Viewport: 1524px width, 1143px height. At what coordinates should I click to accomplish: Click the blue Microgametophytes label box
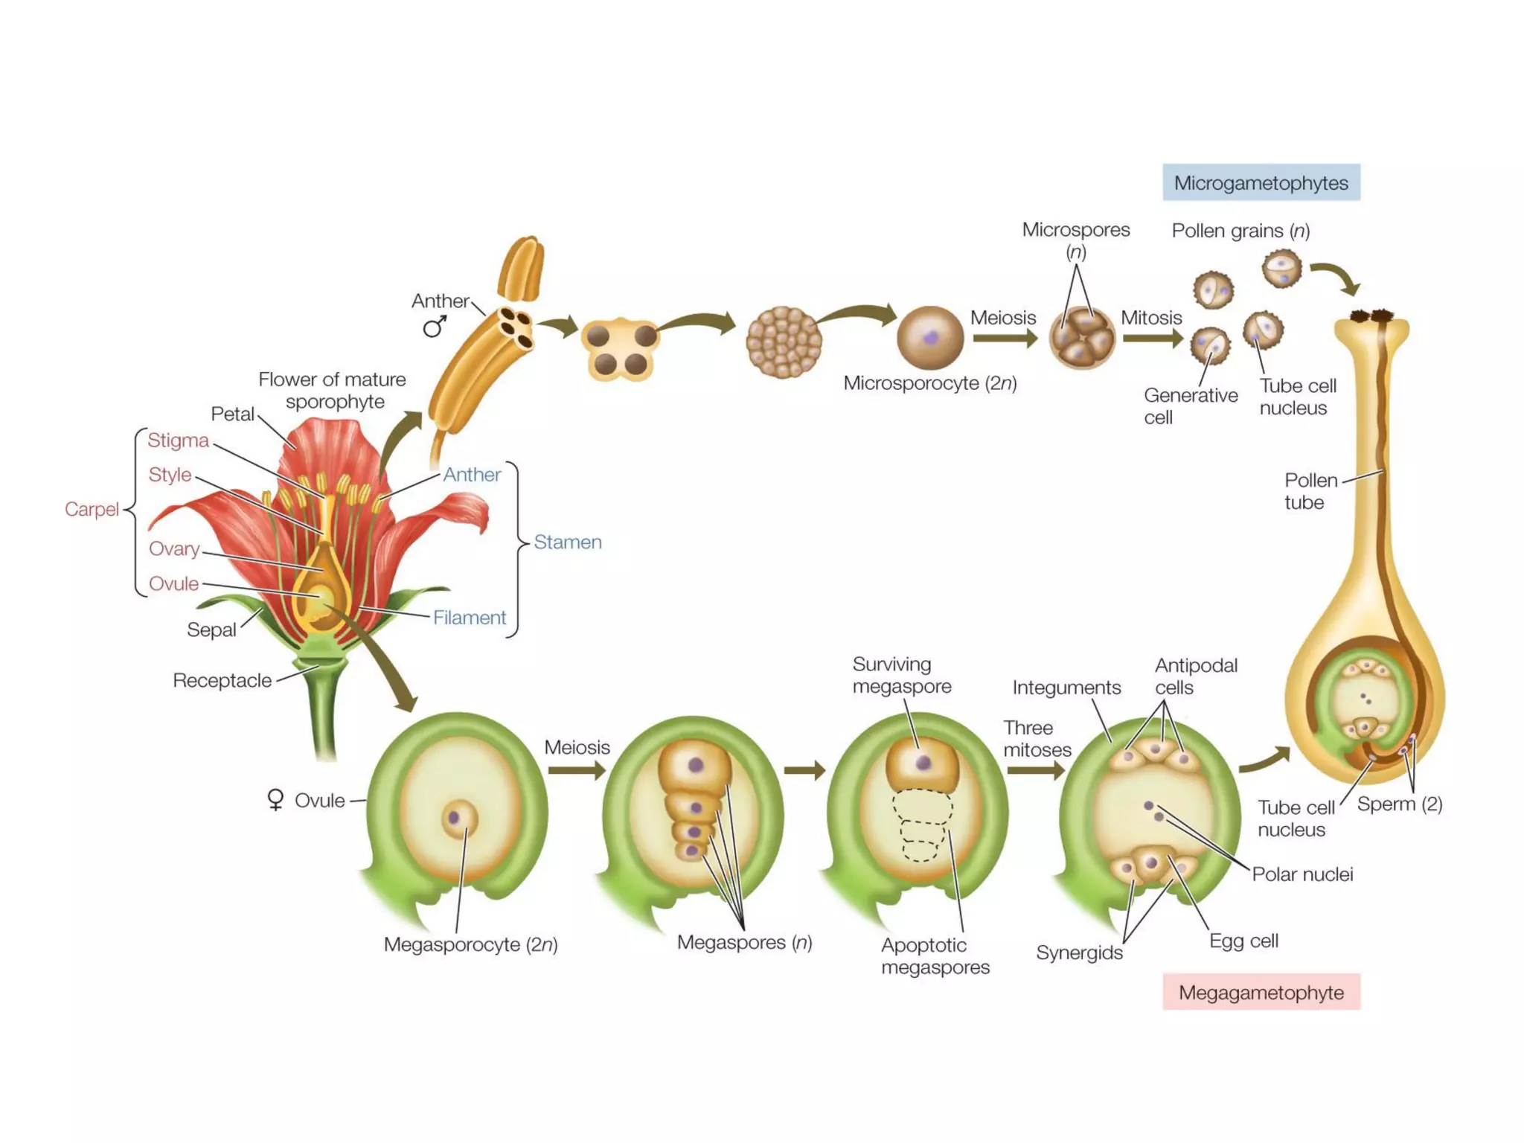1261,182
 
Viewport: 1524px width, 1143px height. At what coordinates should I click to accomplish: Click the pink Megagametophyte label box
1261,992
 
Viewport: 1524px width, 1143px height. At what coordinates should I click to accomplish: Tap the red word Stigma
178,440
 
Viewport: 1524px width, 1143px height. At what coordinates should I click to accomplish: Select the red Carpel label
92,509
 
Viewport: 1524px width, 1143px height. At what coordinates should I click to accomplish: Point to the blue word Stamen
568,542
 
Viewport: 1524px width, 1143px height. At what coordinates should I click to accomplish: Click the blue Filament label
469,618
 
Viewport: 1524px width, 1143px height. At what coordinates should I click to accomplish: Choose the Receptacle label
222,680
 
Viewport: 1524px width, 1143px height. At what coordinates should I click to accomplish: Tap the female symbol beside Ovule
275,800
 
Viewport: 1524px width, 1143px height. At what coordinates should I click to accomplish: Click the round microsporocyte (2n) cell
930,338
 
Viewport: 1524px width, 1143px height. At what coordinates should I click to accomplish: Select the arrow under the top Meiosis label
1005,339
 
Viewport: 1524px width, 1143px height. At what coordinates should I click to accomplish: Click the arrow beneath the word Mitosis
1153,339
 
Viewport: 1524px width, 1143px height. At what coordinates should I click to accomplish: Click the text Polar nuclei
1302,874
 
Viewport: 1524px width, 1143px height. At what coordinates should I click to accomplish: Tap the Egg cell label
1243,941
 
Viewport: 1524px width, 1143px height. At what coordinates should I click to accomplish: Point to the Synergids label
1079,952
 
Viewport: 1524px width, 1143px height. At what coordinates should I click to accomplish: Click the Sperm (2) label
1400,804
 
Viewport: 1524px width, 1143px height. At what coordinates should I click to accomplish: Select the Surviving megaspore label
902,675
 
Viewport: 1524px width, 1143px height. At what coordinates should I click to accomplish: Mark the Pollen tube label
1310,491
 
